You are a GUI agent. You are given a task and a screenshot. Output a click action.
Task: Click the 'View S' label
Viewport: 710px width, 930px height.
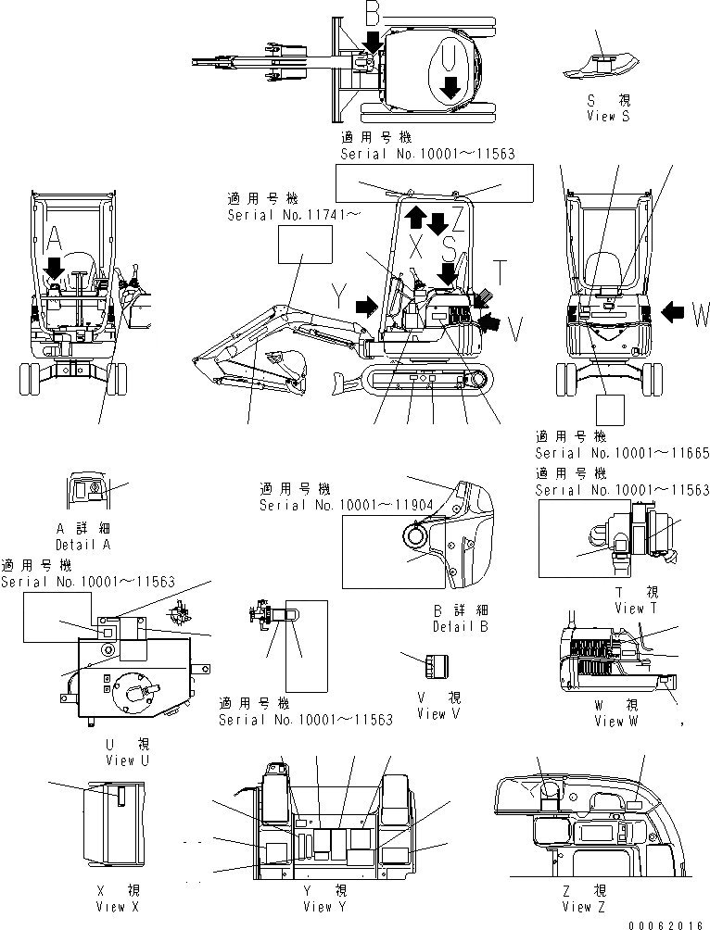click(x=608, y=116)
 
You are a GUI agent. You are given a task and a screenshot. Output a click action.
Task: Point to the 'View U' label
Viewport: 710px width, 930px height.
click(x=133, y=760)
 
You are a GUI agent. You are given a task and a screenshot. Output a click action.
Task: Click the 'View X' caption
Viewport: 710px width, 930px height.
click(x=117, y=906)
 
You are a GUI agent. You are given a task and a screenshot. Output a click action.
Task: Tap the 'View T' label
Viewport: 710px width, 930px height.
click(x=636, y=608)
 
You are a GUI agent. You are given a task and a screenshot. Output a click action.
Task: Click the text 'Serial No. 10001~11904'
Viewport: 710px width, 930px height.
click(x=334, y=506)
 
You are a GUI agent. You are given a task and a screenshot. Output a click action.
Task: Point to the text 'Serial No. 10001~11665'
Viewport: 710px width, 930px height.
click(x=621, y=453)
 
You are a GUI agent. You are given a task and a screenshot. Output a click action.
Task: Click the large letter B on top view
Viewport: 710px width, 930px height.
click(x=372, y=14)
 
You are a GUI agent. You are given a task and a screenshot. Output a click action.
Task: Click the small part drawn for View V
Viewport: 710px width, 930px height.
click(x=435, y=664)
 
